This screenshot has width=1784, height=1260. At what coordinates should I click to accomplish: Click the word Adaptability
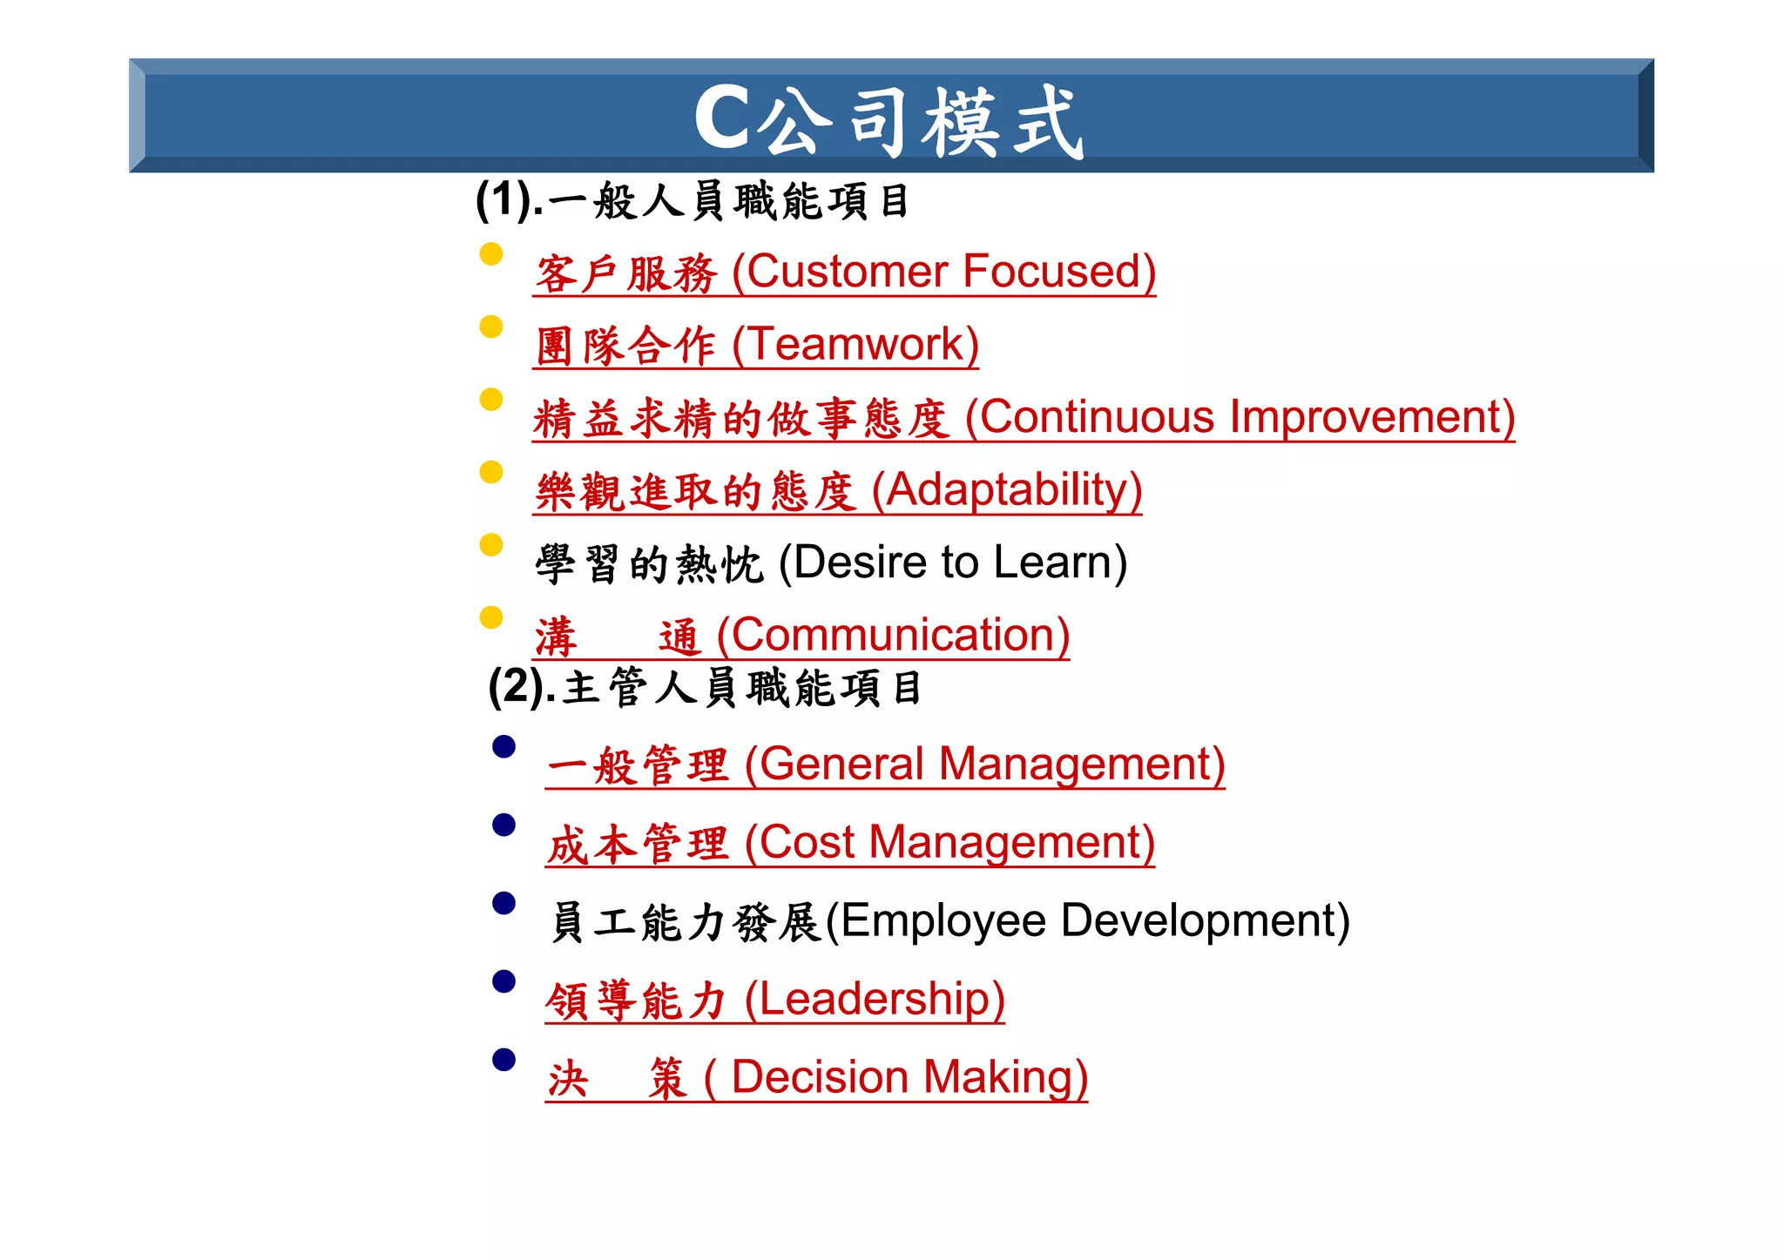pyautogui.click(x=1008, y=489)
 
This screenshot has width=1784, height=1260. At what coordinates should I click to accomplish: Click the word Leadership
pyautogui.click(x=875, y=999)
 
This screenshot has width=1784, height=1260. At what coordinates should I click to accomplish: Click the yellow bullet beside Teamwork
pyautogui.click(x=491, y=327)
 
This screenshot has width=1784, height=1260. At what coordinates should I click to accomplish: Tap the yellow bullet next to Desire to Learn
pyautogui.click(x=491, y=544)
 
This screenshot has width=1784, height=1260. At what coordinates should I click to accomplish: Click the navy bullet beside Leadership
pyautogui.click(x=503, y=981)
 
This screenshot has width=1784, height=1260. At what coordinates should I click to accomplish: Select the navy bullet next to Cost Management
pyautogui.click(x=503, y=825)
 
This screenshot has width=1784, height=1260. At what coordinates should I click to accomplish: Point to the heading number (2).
pyautogui.click(x=517, y=687)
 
